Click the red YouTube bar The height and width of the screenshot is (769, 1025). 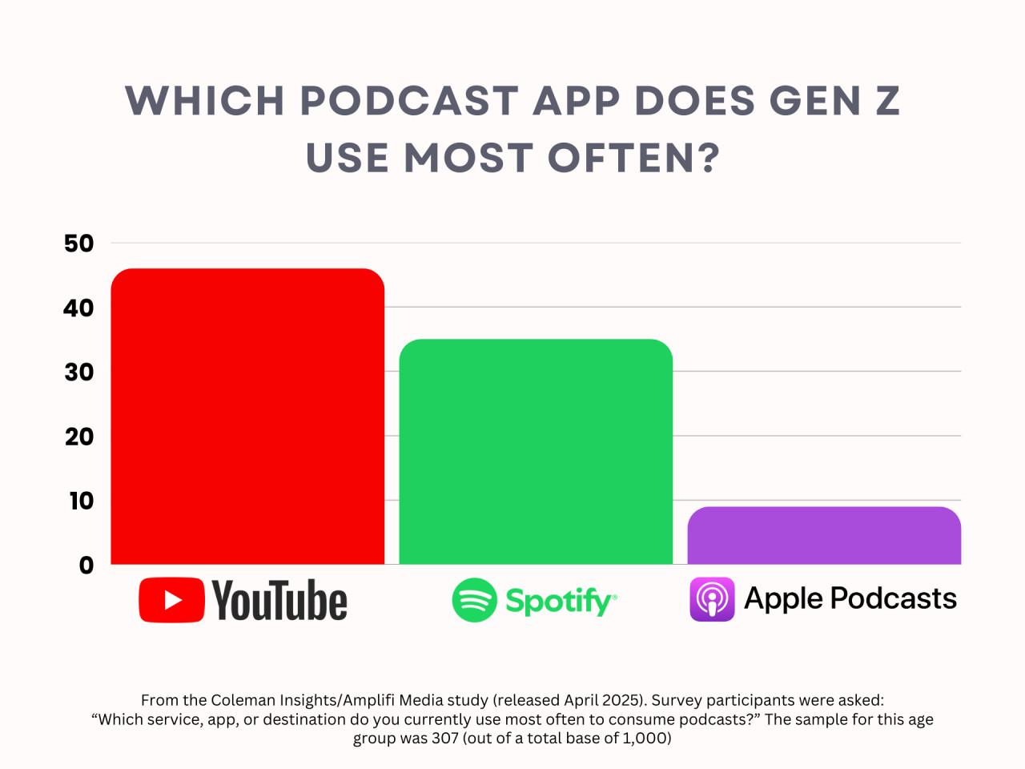click(x=247, y=417)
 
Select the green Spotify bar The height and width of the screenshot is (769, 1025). click(x=536, y=452)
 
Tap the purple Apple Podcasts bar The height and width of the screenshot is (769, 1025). click(x=824, y=535)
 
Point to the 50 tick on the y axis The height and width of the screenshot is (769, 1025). click(x=79, y=244)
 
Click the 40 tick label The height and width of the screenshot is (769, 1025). click(x=79, y=308)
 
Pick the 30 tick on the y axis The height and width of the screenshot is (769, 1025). click(x=79, y=372)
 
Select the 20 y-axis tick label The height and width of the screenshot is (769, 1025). click(x=79, y=437)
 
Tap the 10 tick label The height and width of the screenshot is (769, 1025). click(x=81, y=501)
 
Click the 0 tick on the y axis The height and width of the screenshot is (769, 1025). click(x=86, y=566)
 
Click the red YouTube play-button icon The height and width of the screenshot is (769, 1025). click(x=171, y=600)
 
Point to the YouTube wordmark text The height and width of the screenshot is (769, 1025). click(x=279, y=601)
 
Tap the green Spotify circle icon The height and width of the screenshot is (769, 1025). click(x=474, y=600)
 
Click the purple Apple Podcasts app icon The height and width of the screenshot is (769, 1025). click(x=712, y=599)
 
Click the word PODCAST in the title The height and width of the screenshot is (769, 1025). click(x=408, y=102)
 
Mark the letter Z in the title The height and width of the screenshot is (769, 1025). click(x=887, y=102)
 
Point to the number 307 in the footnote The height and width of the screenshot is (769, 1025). click(x=444, y=738)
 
